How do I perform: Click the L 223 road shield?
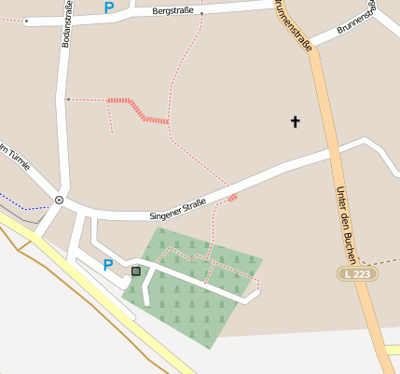[358, 274]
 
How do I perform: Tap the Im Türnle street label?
[16, 158]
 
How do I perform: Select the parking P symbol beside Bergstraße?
[108, 7]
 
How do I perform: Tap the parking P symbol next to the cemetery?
[108, 265]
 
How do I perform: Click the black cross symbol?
[296, 121]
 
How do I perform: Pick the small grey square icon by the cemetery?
[136, 271]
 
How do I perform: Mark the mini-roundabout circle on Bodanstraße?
[59, 200]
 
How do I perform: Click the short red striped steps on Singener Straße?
[232, 197]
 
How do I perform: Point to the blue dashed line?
[23, 204]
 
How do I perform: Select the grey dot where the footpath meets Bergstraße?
[201, 14]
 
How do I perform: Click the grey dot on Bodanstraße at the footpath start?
[68, 99]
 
